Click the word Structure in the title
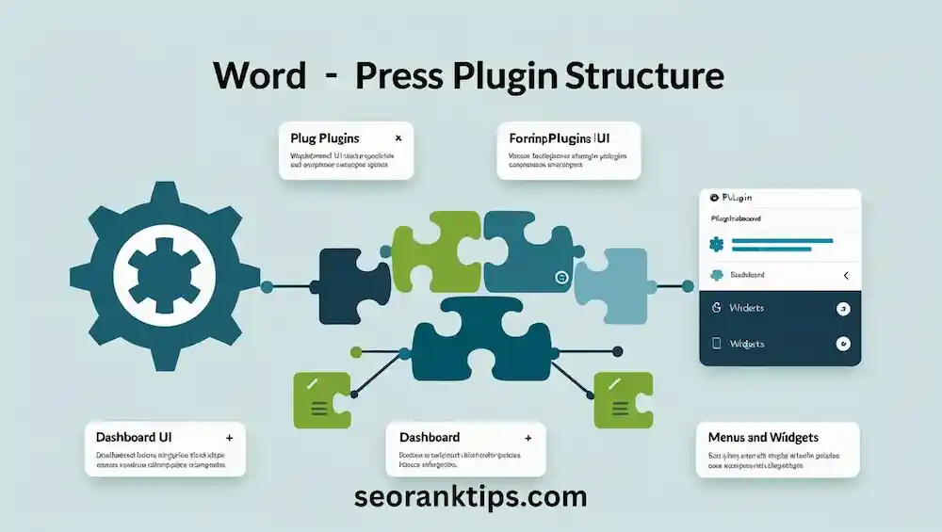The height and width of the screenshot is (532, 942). click(x=644, y=76)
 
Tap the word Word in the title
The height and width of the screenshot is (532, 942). click(x=260, y=76)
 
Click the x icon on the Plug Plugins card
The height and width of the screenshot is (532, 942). click(x=398, y=137)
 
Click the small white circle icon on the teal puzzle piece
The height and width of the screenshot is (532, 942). click(x=561, y=277)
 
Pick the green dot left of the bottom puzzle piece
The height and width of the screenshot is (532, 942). click(x=356, y=352)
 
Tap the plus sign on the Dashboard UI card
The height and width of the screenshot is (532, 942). click(x=229, y=438)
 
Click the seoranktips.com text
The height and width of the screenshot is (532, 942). click(x=471, y=496)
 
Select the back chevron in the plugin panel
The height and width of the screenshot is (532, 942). click(x=845, y=275)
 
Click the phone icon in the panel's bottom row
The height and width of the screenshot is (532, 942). click(x=717, y=343)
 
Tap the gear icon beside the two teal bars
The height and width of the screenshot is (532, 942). click(x=717, y=245)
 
